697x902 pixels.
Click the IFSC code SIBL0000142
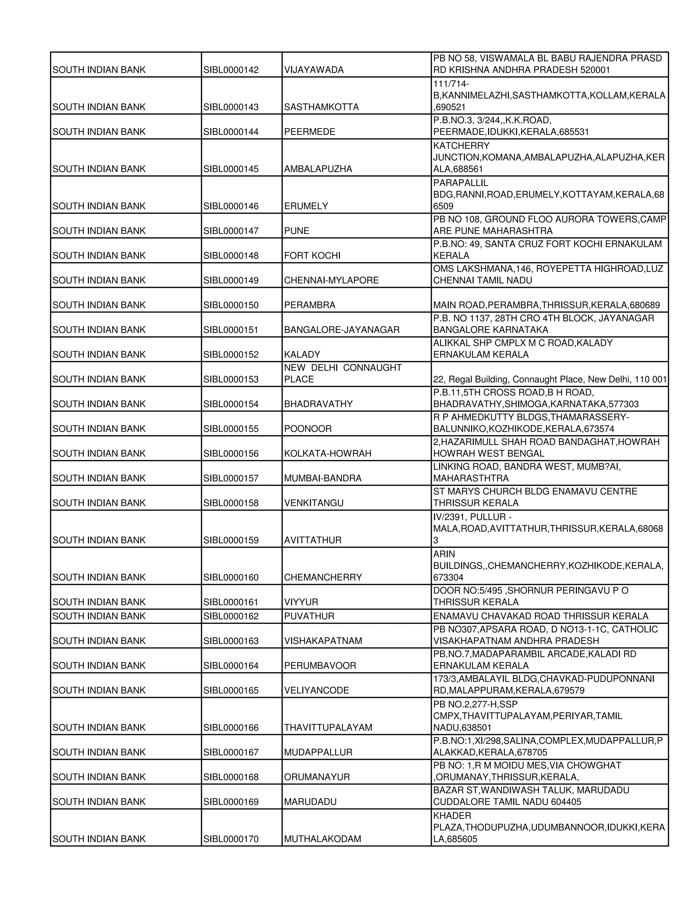(231, 70)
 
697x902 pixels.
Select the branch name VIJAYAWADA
(313, 70)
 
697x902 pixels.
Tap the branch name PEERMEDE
(309, 132)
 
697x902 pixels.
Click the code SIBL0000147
(231, 231)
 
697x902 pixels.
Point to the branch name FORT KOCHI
(312, 256)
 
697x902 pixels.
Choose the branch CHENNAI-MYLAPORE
(331, 280)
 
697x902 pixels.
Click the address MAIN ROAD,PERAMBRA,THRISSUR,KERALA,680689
(546, 305)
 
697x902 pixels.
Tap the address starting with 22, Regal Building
(550, 380)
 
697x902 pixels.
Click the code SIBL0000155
(231, 429)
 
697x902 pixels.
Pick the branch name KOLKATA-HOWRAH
(327, 453)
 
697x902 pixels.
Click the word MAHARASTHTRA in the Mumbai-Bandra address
(470, 478)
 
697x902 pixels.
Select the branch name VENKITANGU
(313, 503)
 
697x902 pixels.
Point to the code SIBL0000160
(231, 577)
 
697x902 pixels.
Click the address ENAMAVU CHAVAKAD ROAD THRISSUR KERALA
(540, 616)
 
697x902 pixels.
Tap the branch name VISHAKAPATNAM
(323, 641)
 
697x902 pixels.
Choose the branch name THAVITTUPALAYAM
(328, 728)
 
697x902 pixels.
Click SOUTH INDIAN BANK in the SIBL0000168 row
(99, 777)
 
